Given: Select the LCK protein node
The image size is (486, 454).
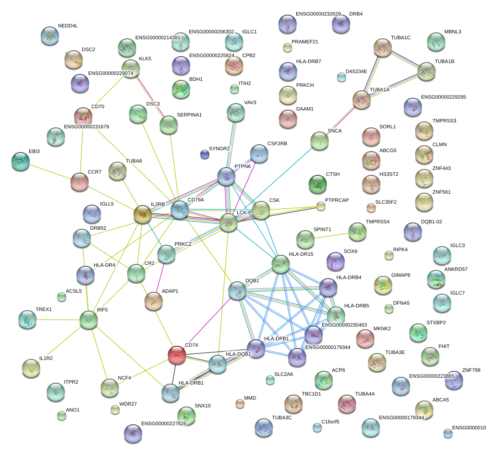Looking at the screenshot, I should pyautogui.click(x=229, y=223).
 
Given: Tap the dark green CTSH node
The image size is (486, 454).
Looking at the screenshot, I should pyautogui.click(x=318, y=184).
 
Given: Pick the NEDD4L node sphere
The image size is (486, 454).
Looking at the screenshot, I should pyautogui.click(x=50, y=36).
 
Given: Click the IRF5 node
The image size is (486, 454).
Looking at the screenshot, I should pyautogui.click(x=89, y=320).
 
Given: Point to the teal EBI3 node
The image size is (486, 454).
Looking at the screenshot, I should pyautogui.click(x=21, y=161).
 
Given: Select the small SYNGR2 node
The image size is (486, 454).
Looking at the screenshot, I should pyautogui.click(x=204, y=155).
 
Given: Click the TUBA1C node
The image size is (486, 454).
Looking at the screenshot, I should pyautogui.click(x=383, y=47).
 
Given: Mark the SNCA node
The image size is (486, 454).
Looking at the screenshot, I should pyautogui.click(x=320, y=141).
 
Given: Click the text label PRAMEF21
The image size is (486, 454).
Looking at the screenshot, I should pyautogui.click(x=304, y=42).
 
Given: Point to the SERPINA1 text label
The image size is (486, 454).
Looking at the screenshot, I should pyautogui.click(x=189, y=114).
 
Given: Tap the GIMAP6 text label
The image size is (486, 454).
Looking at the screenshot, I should pyautogui.click(x=401, y=275).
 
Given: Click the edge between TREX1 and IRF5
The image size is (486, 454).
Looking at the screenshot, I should pyautogui.click(x=58, y=319).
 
